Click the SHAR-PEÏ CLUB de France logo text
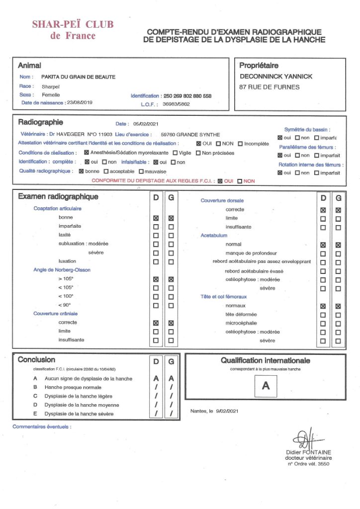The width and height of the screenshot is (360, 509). (x=73, y=30)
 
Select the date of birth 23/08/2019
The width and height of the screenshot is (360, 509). (x=79, y=102)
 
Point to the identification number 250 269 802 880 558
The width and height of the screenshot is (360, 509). (x=187, y=96)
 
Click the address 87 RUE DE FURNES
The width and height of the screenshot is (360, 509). (x=270, y=87)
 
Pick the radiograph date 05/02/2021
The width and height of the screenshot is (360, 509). (x=146, y=124)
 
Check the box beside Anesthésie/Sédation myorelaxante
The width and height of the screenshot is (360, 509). (x=87, y=153)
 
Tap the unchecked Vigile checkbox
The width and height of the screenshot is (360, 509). (x=175, y=153)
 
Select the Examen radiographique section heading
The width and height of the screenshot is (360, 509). (x=58, y=196)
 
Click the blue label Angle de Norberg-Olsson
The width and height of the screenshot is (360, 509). (x=62, y=270)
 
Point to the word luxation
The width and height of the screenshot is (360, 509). (x=68, y=261)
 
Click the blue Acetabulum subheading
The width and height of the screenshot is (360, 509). (x=214, y=235)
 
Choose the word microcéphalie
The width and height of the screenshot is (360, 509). (x=242, y=323)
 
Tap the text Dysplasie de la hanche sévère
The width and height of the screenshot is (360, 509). (x=79, y=414)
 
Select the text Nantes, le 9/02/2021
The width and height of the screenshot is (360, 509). (x=215, y=411)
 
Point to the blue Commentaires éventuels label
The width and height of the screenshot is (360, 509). (x=42, y=426)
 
